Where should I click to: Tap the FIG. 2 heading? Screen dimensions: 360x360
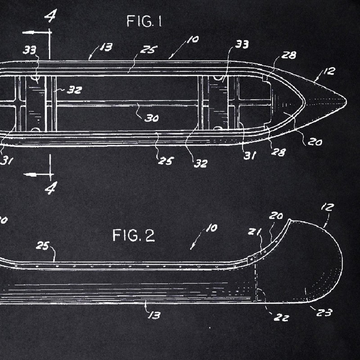133,235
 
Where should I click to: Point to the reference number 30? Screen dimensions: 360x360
152,118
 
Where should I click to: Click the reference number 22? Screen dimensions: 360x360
282,317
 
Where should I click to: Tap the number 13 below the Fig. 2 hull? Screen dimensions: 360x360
153,315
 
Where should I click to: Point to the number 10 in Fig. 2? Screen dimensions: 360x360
211,228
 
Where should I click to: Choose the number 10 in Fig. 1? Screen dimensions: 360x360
192,40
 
